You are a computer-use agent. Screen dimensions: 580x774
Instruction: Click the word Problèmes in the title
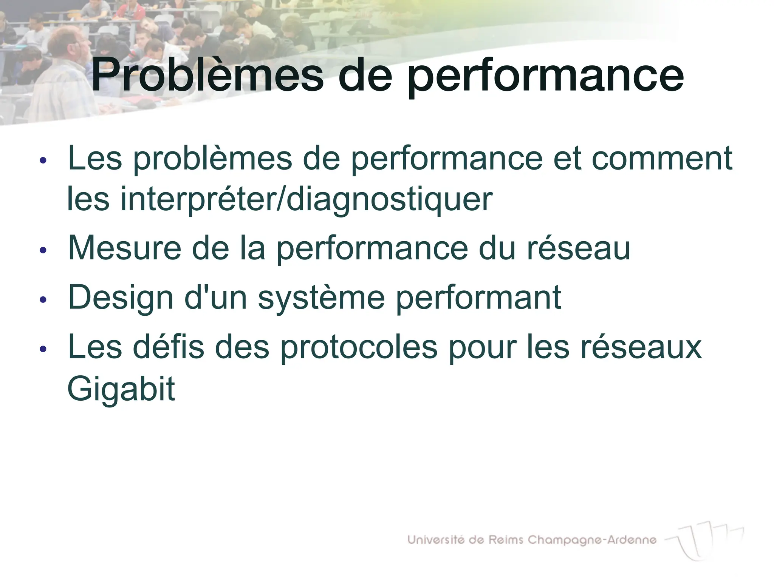[x=207, y=75]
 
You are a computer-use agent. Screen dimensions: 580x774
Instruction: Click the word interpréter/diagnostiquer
[x=306, y=200]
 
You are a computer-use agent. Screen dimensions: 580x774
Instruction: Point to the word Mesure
[x=125, y=248]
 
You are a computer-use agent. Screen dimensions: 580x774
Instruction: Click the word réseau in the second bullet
[x=579, y=248]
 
